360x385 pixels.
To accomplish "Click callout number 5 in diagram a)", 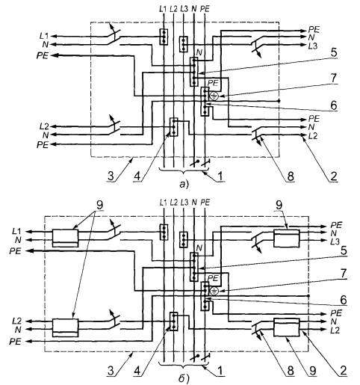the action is click(333, 53).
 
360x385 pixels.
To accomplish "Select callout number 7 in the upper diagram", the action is click(334, 78).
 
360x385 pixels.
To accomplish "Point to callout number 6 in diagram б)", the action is click(344, 300).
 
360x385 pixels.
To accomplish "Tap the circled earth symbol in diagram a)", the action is click(214, 96).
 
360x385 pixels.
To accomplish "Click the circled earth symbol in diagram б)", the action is click(214, 290).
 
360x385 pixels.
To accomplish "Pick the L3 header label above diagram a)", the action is click(184, 9).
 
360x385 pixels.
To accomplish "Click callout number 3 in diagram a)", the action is click(111, 176).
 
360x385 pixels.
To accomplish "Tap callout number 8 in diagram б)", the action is click(291, 371).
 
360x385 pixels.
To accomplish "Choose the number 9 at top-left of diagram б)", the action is click(99, 205).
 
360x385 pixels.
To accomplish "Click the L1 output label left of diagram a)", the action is click(44, 36).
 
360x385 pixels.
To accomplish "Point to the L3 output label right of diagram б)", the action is click(335, 241).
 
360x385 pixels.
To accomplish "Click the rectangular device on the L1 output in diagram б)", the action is click(65, 238).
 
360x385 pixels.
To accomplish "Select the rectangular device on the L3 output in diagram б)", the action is click(286, 238).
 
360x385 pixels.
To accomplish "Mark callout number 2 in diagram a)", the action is click(334, 176).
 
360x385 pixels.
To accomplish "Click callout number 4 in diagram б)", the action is click(137, 371).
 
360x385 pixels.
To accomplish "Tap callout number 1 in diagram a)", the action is click(220, 176).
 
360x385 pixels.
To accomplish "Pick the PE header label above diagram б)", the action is click(205, 203).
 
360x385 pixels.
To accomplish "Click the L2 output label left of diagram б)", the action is click(16, 321).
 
